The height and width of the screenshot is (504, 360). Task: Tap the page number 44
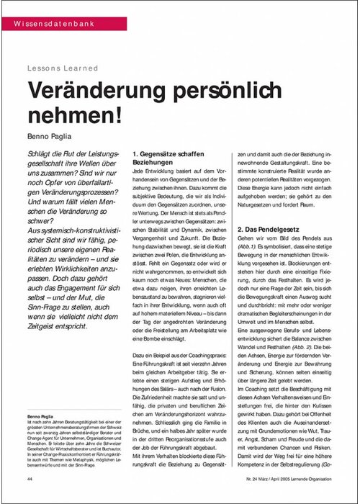(x=29, y=478)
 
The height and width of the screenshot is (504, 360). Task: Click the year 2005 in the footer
(x=281, y=478)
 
